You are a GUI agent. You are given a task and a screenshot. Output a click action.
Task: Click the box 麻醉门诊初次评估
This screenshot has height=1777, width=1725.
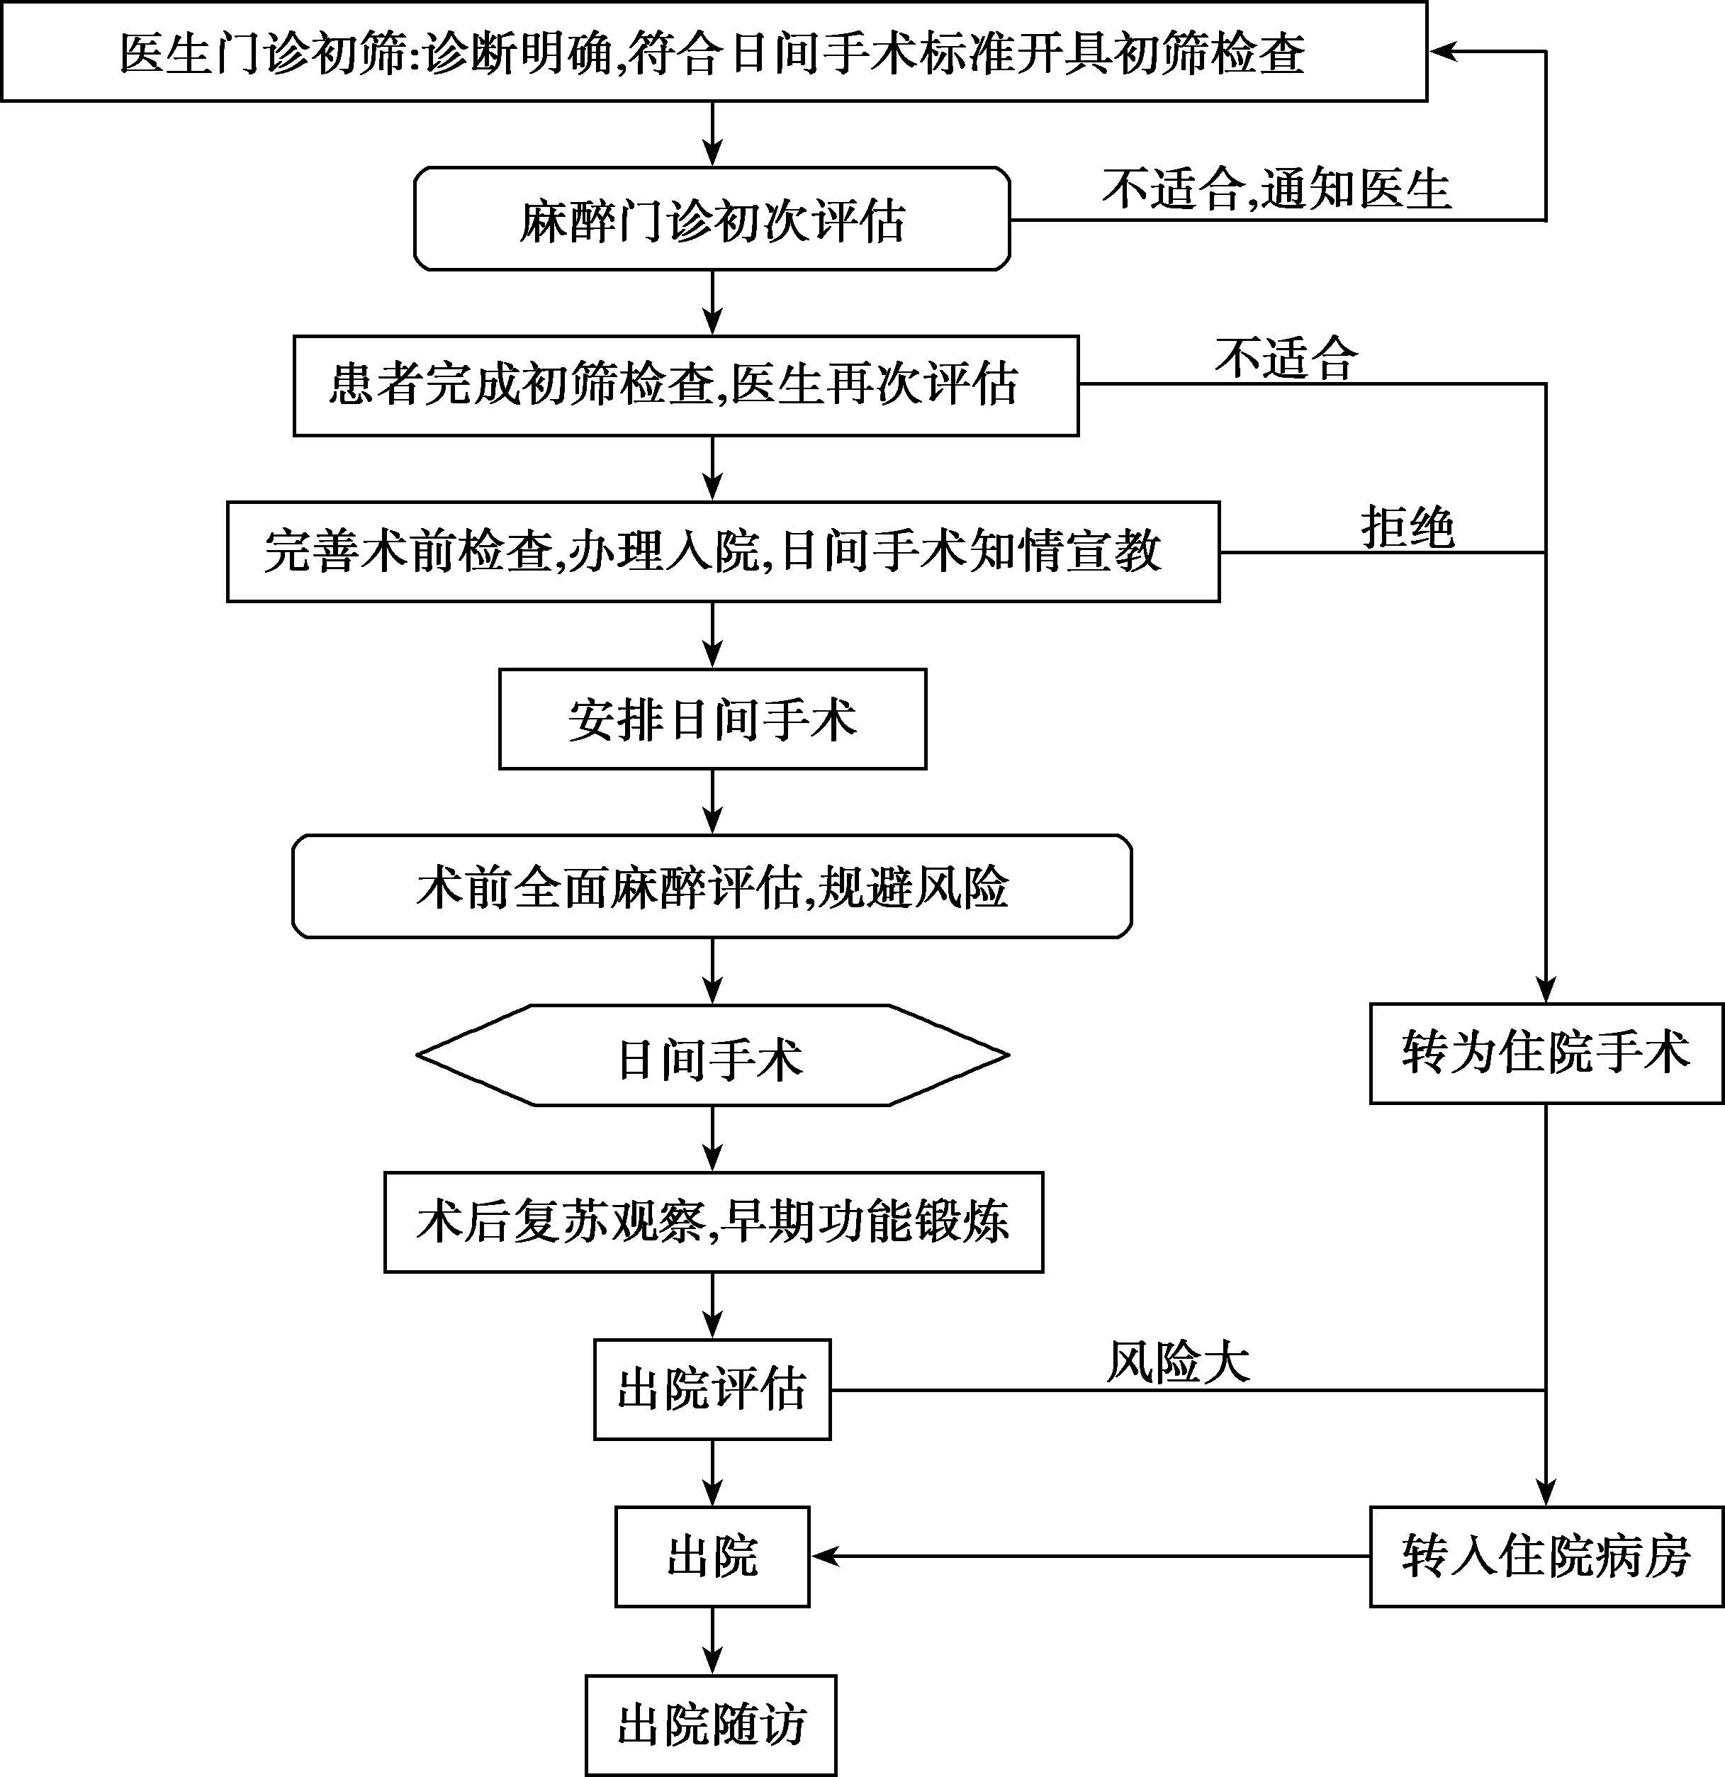pyautogui.click(x=712, y=218)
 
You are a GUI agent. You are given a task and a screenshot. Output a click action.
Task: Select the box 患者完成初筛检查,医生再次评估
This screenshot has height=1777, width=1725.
pyautogui.click(x=686, y=386)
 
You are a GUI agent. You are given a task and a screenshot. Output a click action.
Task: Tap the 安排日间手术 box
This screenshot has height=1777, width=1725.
pyautogui.click(x=712, y=719)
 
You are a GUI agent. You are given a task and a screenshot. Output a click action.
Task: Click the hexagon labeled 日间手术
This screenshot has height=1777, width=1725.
pyautogui.click(x=712, y=1055)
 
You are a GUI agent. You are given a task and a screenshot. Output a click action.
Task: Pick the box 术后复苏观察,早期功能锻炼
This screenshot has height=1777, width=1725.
pyautogui.click(x=714, y=1222)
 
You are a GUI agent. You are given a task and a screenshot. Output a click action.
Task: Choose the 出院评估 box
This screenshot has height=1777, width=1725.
pyautogui.click(x=712, y=1389)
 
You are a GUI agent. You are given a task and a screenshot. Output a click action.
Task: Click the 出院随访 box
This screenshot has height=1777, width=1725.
pyautogui.click(x=712, y=1725)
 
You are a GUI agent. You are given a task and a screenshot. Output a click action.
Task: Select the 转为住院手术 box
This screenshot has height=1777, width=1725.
pyautogui.click(x=1546, y=1053)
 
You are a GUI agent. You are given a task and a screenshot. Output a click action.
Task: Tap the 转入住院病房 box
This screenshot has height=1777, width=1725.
pyautogui.click(x=1546, y=1557)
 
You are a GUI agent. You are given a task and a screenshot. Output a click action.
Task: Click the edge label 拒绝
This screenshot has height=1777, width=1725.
pyautogui.click(x=1407, y=527)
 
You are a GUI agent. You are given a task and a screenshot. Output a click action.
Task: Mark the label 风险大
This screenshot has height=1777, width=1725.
pyautogui.click(x=1177, y=1362)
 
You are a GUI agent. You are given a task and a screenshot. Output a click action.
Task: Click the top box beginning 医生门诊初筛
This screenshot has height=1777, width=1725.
pyautogui.click(x=714, y=52)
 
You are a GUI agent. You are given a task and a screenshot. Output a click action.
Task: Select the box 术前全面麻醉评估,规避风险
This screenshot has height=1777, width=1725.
pyautogui.click(x=712, y=887)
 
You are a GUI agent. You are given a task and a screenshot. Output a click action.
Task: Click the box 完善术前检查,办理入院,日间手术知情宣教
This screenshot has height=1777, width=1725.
pyautogui.click(x=724, y=551)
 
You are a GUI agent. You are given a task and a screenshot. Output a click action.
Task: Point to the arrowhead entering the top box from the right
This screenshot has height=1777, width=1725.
pyautogui.click(x=1442, y=52)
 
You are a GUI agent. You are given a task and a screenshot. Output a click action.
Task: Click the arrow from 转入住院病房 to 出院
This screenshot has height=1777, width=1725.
pyautogui.click(x=1091, y=1557)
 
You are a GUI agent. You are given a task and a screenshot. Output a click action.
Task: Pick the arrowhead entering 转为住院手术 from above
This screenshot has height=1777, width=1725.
pyautogui.click(x=1546, y=990)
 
